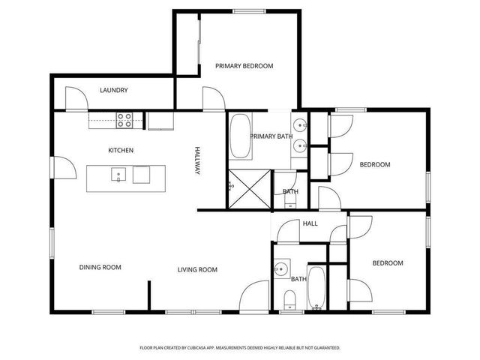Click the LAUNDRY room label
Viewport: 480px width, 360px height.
tap(114, 91)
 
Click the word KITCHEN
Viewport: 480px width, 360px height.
tap(121, 151)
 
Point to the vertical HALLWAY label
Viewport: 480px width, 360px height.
tap(198, 161)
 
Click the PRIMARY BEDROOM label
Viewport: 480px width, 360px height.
tap(244, 66)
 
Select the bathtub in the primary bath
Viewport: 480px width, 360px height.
tap(241, 136)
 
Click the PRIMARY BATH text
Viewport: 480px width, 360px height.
tap(271, 136)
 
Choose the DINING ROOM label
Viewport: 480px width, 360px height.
tap(100, 267)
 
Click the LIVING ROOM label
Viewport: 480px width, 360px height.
tap(197, 270)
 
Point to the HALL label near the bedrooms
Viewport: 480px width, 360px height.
tap(310, 223)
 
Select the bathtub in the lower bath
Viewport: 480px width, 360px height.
tap(316, 288)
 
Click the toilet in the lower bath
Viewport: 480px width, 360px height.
tap(289, 301)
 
